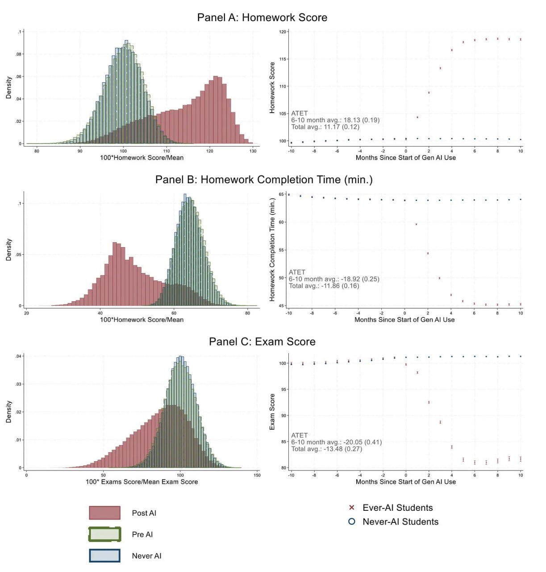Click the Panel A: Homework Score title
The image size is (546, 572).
click(262, 17)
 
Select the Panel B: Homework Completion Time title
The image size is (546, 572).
click(264, 180)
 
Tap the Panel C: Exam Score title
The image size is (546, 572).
click(262, 341)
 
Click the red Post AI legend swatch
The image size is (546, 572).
click(104, 513)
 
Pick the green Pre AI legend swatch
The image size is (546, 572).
click(104, 534)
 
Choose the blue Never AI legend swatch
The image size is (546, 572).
click(104, 556)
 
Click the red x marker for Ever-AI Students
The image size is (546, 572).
click(351, 508)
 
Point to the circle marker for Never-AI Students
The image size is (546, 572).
click(351, 522)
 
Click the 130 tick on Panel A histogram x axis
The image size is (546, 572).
click(253, 151)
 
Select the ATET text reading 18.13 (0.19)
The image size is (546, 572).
click(335, 120)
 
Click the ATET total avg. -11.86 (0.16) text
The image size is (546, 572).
click(324, 286)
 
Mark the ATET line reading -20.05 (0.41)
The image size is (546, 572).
click(337, 442)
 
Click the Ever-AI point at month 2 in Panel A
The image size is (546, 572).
click(429, 93)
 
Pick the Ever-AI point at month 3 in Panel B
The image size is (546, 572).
click(439, 278)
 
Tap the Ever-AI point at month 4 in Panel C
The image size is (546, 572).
click(452, 447)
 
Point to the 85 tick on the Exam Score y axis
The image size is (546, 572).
click(283, 442)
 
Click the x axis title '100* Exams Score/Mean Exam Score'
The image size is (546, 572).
click(142, 482)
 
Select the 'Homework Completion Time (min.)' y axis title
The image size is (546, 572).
click(272, 249)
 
